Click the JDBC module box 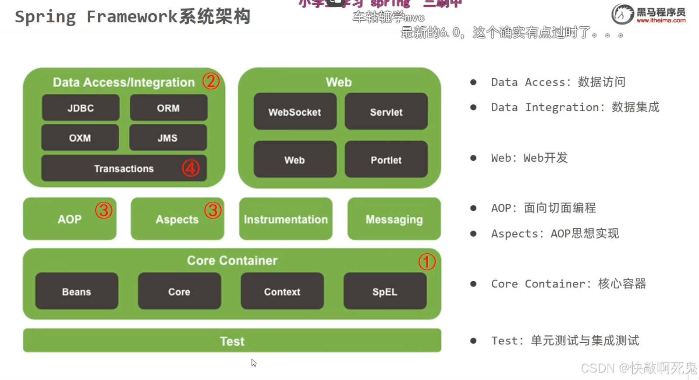(x=81, y=108)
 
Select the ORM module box (x=168, y=108)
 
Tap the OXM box (x=80, y=138)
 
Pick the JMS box (x=167, y=138)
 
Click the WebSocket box (x=295, y=112)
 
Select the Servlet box (x=386, y=112)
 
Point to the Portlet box (x=386, y=160)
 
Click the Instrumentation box (x=286, y=219)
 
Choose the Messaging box (x=394, y=219)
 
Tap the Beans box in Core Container (x=77, y=291)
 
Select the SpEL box (x=385, y=291)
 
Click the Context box (x=282, y=291)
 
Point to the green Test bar (x=232, y=341)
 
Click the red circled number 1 (x=427, y=262)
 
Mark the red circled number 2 (x=211, y=81)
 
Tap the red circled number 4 (x=191, y=168)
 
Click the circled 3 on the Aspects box (x=213, y=210)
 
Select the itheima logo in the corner (x=649, y=14)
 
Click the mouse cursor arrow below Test (x=253, y=362)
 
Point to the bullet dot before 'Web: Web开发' (x=473, y=158)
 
